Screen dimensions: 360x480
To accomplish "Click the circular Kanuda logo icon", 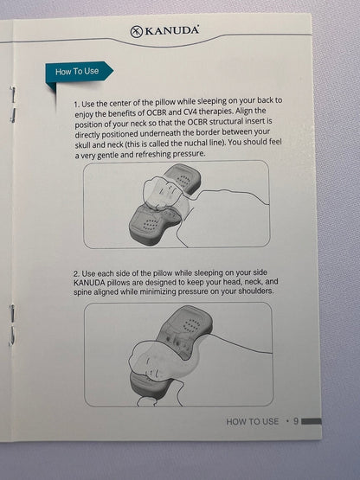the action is click(137, 31).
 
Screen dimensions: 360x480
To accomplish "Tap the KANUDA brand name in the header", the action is click(171, 30).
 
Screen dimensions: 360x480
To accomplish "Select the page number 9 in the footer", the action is click(296, 421).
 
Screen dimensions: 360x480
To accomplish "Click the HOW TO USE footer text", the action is click(253, 421).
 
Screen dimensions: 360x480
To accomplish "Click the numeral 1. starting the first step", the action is click(77, 105).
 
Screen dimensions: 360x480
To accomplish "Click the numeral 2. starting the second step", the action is click(77, 273).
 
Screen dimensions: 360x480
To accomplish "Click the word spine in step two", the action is click(82, 292).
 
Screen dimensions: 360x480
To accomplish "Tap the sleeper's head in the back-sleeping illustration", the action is click(161, 193).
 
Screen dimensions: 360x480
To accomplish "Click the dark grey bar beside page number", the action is click(312, 421).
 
